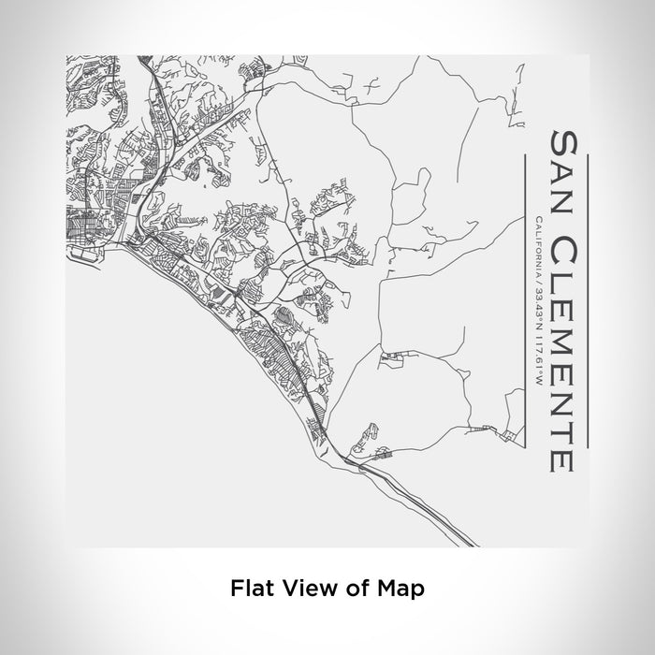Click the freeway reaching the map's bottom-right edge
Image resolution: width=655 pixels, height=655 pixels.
point(449,530)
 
